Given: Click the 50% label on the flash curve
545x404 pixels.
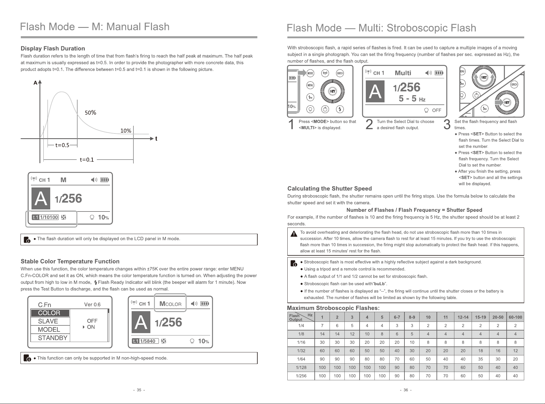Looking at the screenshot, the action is click(x=91, y=113).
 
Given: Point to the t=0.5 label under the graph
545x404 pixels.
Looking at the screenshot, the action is click(x=62, y=145).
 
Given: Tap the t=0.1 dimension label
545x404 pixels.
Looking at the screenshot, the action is click(x=87, y=160).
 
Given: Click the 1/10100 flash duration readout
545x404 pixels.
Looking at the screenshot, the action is click(x=49, y=217).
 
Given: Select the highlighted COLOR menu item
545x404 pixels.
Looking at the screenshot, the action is click(x=50, y=313).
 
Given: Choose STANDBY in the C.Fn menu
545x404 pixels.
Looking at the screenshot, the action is click(x=53, y=338).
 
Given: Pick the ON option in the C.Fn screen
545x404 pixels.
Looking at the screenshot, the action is click(x=91, y=327).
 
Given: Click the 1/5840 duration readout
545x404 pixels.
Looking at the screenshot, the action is click(x=148, y=341).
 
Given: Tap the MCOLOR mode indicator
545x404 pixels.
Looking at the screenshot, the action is click(x=170, y=304).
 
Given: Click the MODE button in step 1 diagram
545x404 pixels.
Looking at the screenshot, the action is click(x=310, y=73).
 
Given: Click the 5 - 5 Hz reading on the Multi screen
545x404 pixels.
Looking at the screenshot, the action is click(x=412, y=98).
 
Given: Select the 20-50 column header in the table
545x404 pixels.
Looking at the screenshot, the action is click(x=498, y=317).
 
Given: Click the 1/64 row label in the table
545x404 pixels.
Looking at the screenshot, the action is click(x=301, y=359).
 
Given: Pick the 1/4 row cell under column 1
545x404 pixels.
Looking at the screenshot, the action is click(x=322, y=326).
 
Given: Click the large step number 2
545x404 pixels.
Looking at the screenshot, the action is click(x=369, y=125).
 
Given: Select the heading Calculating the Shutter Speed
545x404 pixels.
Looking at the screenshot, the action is click(x=330, y=189).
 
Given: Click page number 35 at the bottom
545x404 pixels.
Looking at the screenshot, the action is click(x=139, y=390).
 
